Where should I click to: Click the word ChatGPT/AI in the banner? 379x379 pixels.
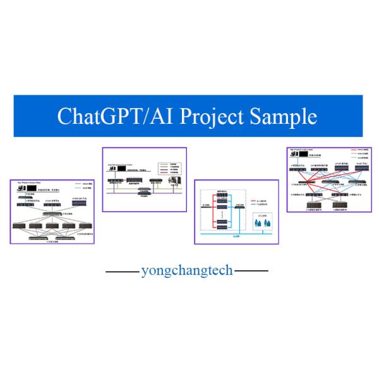105,117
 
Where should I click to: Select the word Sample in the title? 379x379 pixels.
284,117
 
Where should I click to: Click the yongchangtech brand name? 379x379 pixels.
186,271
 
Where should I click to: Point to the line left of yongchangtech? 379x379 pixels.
122,272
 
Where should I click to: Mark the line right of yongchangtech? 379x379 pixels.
251,272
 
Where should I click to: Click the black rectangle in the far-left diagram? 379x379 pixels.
32,189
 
